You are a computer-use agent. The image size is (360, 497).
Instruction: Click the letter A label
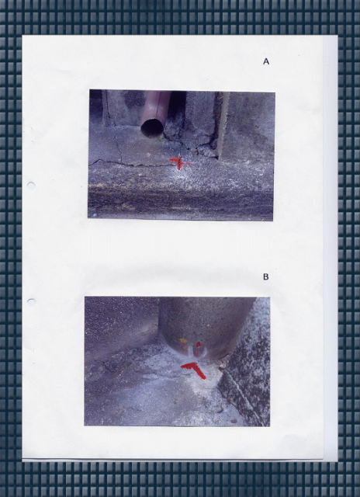click(266, 61)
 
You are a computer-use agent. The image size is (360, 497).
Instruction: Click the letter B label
click(265, 276)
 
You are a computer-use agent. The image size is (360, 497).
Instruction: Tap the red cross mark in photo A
click(179, 163)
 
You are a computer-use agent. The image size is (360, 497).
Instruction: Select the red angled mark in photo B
click(195, 369)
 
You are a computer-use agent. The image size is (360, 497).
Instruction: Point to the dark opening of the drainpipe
click(152, 127)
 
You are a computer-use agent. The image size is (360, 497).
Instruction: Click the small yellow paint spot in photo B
click(183, 340)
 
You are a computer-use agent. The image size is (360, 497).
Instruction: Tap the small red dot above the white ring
click(198, 344)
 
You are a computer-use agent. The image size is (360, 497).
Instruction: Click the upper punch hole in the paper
click(31, 185)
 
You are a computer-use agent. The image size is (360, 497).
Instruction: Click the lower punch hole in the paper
click(31, 301)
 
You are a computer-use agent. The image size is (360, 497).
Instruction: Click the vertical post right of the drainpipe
click(223, 124)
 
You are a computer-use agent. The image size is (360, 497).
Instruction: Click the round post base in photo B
click(206, 326)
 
